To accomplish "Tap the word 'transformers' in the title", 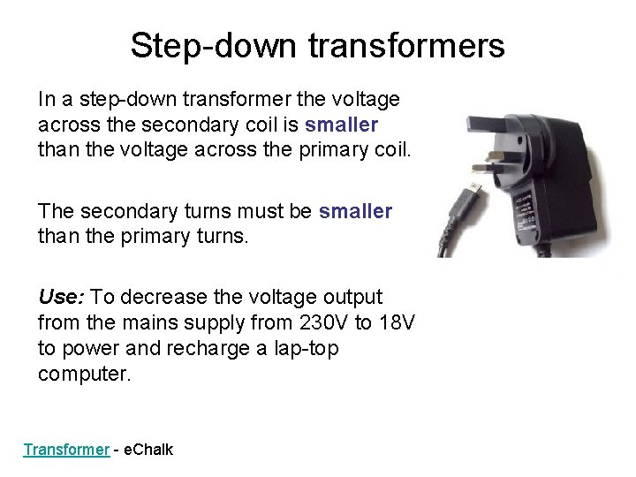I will (x=406, y=46).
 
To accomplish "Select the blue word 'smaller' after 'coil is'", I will (x=342, y=125).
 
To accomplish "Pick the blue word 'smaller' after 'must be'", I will (x=355, y=211).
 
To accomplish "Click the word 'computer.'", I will (x=84, y=374).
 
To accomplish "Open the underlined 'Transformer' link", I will (x=66, y=450).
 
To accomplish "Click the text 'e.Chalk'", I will (x=148, y=450).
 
